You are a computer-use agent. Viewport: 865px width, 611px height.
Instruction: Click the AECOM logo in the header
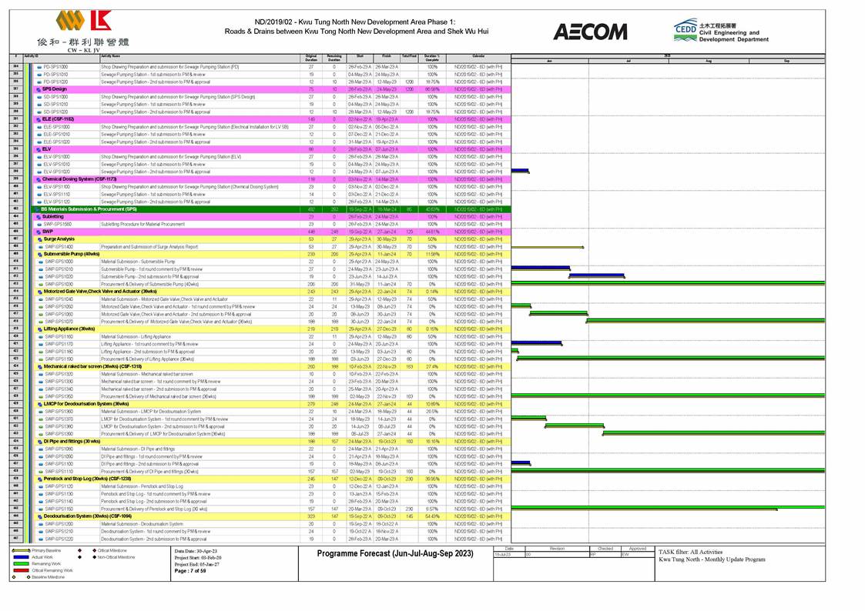coord(590,32)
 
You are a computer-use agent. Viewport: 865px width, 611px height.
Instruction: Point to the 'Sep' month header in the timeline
coord(786,60)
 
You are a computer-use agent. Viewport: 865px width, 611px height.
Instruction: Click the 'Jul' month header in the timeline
coord(629,60)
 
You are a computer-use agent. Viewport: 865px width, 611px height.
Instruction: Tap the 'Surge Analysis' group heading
coord(60,239)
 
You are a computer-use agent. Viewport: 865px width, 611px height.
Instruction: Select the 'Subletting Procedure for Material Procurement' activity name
coord(142,224)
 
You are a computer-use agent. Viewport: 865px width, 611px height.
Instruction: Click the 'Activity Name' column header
coord(110,56)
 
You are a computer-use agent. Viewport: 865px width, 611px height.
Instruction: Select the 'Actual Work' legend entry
coord(42,557)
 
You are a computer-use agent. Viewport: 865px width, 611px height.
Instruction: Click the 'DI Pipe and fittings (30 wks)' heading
coord(72,441)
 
